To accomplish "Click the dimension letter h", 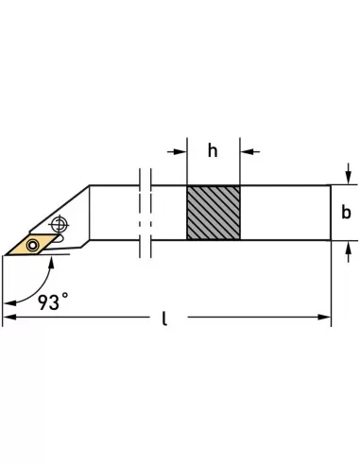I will [213, 150].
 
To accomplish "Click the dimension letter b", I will [346, 213].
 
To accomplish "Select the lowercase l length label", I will [163, 319].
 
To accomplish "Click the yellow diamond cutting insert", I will [30, 245].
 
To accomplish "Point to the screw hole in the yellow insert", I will [33, 245].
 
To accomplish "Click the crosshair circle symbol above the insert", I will [61, 223].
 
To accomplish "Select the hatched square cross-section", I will [212, 213].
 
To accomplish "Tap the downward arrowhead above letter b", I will [349, 180].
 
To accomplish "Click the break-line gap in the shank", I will [145, 213].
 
